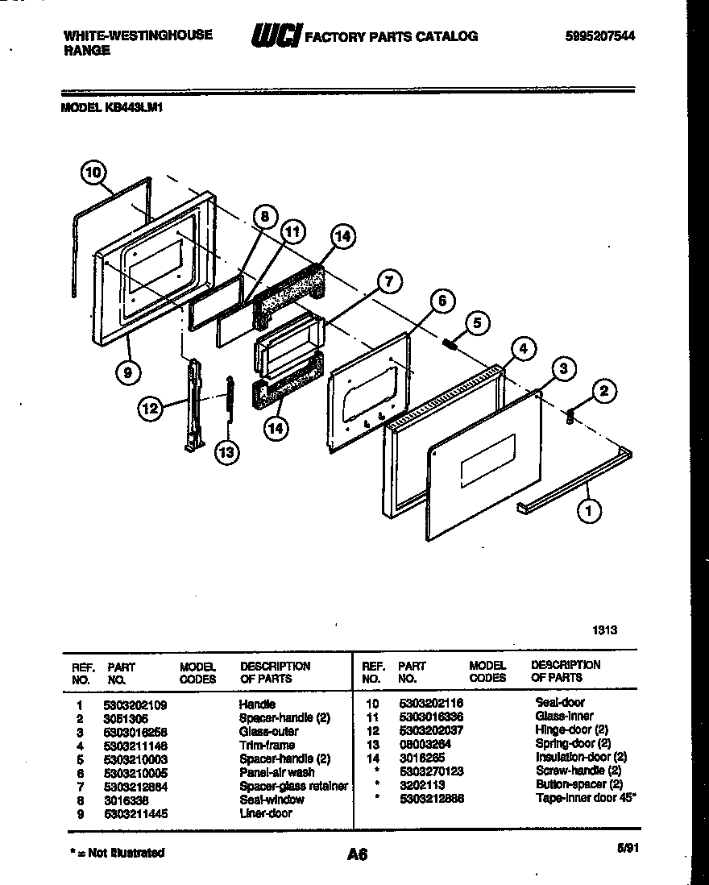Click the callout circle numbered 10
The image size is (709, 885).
(x=94, y=172)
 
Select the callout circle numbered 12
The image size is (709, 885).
(x=149, y=409)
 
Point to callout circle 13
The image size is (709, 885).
(x=227, y=452)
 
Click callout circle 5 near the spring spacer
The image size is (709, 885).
(x=476, y=323)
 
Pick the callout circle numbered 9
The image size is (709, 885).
(x=128, y=372)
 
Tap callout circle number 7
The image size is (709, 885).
(x=388, y=281)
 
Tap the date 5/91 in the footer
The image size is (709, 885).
(x=624, y=848)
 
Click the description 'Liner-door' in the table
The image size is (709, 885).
(x=265, y=813)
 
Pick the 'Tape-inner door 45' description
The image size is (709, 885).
(x=586, y=798)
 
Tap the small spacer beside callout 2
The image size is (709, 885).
(x=570, y=416)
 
